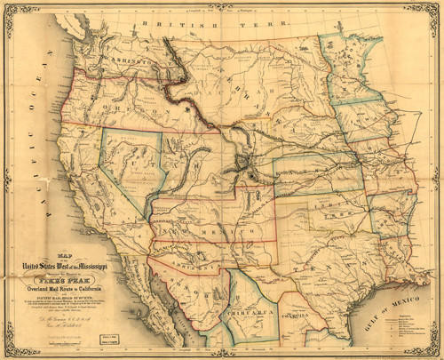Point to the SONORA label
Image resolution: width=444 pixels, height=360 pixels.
(x=186, y=289)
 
